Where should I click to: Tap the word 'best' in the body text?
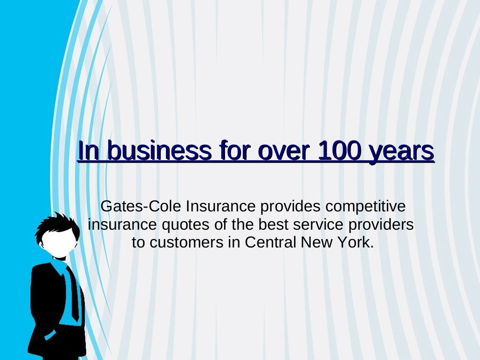click(273, 225)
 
